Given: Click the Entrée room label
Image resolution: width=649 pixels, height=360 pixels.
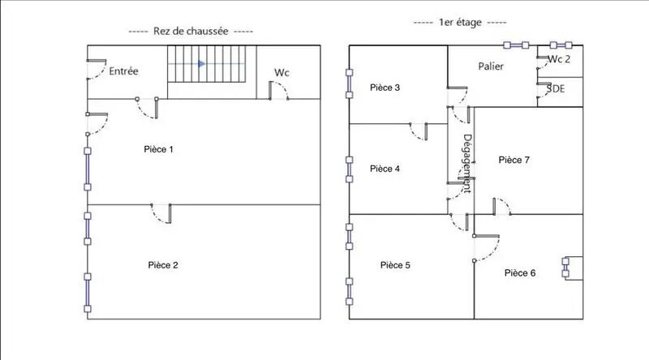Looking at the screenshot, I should (123, 71).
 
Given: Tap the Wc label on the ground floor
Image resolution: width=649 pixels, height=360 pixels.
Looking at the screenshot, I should (282, 73).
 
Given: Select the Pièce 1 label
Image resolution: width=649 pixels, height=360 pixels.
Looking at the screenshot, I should (158, 149).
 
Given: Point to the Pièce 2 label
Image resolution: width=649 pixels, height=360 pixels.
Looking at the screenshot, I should (163, 265).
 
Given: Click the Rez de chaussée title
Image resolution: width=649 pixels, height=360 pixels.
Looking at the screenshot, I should (191, 31).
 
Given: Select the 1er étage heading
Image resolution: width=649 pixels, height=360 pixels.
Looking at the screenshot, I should (460, 24).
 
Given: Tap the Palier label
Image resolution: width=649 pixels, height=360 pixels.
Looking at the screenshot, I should (492, 66).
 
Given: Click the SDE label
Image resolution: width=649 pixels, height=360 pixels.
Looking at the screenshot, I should (557, 88).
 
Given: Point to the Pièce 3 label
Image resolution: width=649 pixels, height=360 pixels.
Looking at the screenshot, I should (385, 88).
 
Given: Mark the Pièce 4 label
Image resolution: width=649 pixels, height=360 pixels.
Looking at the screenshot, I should (385, 169).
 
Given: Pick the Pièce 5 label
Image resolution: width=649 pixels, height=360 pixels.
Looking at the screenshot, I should (395, 265).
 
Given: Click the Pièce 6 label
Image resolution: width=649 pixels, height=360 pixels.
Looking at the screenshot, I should (519, 273).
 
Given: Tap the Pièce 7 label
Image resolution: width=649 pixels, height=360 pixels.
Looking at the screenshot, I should (514, 161).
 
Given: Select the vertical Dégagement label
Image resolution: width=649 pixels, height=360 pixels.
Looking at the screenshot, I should (466, 162).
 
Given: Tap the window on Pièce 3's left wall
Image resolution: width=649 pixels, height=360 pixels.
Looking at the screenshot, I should (349, 84).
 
